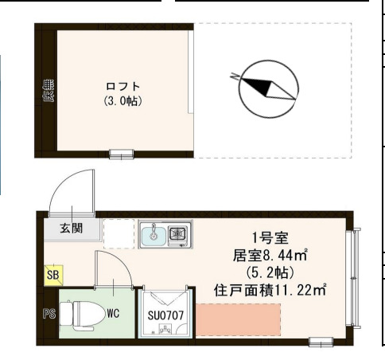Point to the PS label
[x=47, y=313]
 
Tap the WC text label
[x=113, y=313]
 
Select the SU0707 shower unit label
[x=165, y=315]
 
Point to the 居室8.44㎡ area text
[x=271, y=255]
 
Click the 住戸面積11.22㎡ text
[x=270, y=289]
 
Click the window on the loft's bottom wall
[x=121, y=154]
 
